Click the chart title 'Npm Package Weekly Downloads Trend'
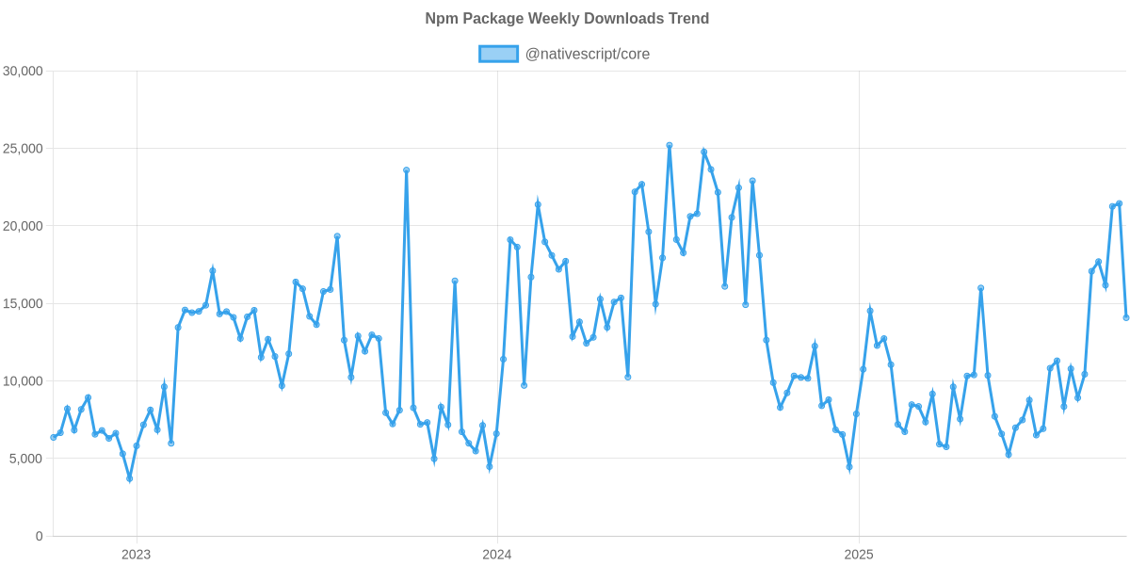(x=566, y=19)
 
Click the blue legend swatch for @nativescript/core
(x=498, y=54)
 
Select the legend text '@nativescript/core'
(x=587, y=54)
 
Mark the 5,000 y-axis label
(x=26, y=459)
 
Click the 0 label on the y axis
(x=39, y=536)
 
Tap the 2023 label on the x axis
(x=136, y=555)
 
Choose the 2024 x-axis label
(x=496, y=555)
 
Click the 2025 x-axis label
(x=859, y=555)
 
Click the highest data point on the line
(x=670, y=145)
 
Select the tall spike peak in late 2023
(x=406, y=170)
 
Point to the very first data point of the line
(x=53, y=437)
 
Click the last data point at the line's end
(x=1126, y=317)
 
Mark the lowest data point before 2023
(x=129, y=479)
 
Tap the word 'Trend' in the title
(x=690, y=19)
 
